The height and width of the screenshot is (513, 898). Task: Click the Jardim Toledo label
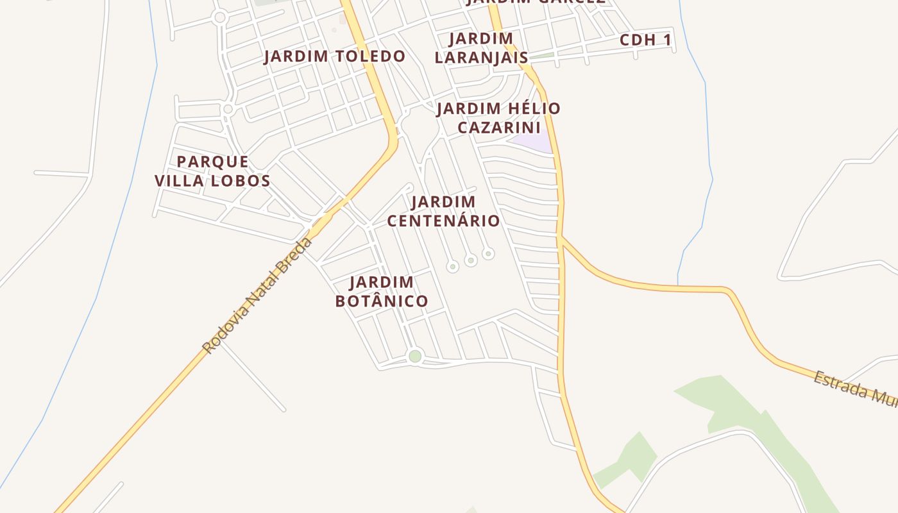[x=334, y=56]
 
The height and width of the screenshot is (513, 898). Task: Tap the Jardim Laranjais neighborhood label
[x=481, y=48]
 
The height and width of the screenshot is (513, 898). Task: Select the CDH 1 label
[x=645, y=40]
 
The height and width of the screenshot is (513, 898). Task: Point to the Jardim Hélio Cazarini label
[x=498, y=117]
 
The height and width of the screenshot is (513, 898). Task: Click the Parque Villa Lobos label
[x=212, y=171]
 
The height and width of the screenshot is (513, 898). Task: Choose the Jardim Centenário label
[x=443, y=212]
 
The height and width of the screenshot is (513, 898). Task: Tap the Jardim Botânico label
[x=381, y=292]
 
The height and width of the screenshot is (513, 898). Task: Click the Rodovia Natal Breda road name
[x=258, y=295]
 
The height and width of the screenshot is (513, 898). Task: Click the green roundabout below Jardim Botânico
[x=415, y=357]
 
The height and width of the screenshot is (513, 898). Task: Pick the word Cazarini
[x=498, y=127]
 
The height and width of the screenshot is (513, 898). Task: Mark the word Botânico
[x=381, y=301]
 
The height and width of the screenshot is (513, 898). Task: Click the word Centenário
[x=443, y=221]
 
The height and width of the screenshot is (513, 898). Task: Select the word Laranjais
[x=481, y=58]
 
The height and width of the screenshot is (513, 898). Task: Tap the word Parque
[x=212, y=162]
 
